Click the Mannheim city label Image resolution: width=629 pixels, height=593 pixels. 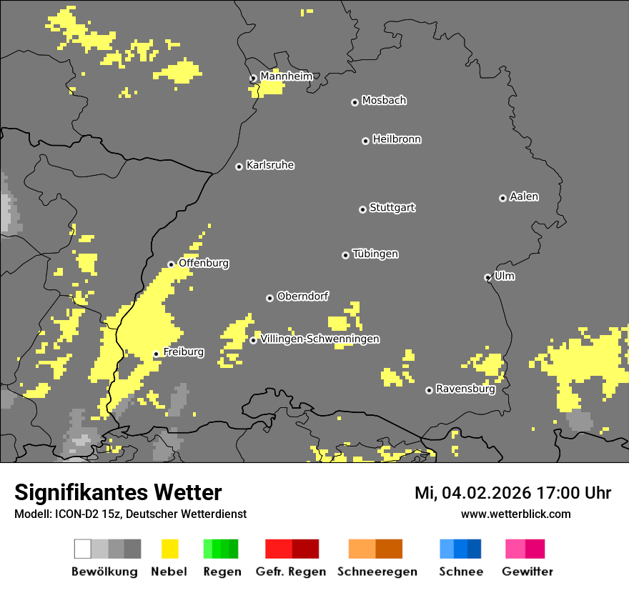click(x=286, y=76)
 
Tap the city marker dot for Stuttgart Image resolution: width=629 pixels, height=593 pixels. click(x=362, y=209)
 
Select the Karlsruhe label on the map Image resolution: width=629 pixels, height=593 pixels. click(x=270, y=165)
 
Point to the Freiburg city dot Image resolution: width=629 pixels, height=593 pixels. click(x=156, y=354)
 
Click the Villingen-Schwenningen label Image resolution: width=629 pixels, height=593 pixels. click(x=320, y=339)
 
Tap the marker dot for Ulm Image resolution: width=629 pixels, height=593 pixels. click(x=487, y=277)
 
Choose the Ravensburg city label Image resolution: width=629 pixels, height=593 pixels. click(x=465, y=389)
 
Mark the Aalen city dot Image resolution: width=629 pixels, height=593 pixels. click(x=502, y=198)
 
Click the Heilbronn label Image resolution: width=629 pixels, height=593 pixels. click(x=397, y=139)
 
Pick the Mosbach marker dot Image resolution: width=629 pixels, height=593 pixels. click(x=355, y=102)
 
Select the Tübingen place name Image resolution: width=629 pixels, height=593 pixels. click(x=375, y=254)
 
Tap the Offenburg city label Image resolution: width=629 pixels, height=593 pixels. click(x=204, y=263)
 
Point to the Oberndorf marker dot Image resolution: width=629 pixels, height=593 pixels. click(x=269, y=298)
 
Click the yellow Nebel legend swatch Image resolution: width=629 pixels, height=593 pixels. click(x=169, y=549)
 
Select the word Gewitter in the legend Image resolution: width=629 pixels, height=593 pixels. click(x=527, y=572)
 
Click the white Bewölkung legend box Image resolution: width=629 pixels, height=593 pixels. click(x=83, y=549)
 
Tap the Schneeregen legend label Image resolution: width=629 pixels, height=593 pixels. click(x=377, y=572)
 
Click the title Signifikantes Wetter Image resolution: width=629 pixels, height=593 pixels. click(x=118, y=493)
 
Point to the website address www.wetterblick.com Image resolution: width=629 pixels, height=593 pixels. click(x=515, y=514)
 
